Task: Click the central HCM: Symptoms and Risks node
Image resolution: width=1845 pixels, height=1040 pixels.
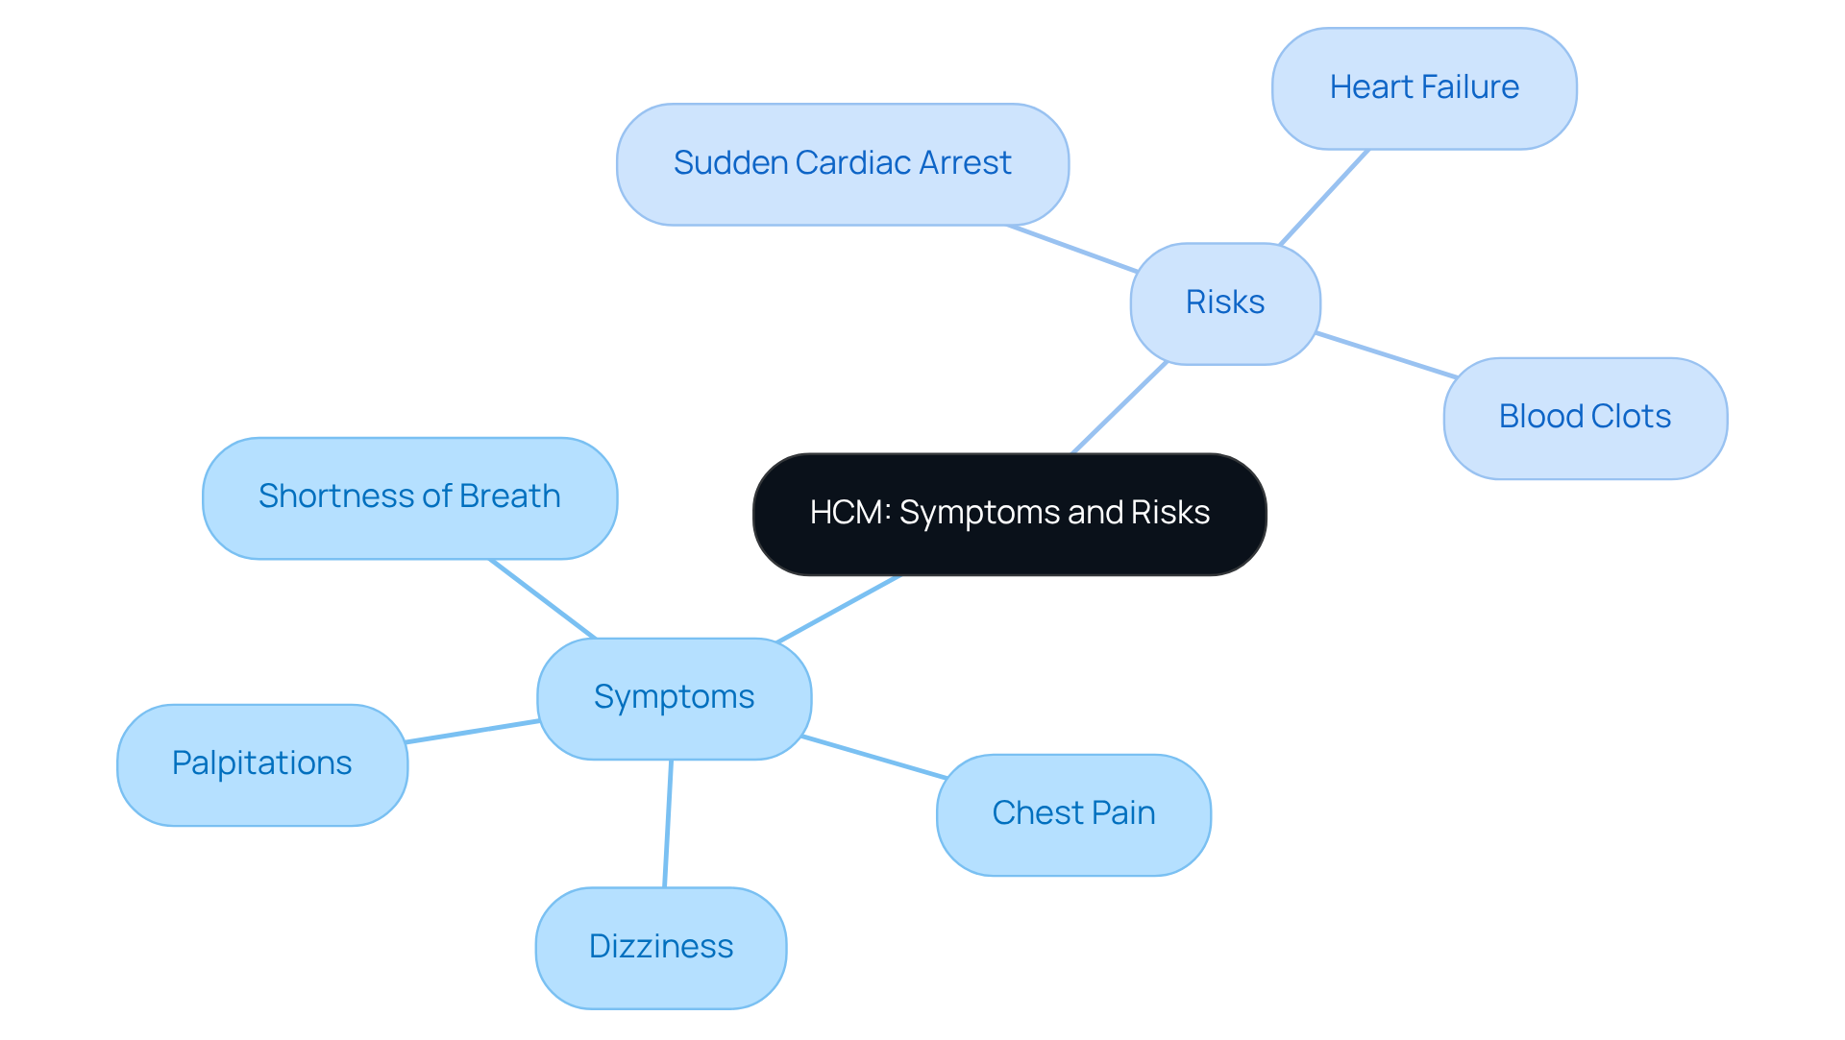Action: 1009,514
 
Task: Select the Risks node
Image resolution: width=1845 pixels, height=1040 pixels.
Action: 1225,303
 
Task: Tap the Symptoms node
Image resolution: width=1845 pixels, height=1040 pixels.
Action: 674,698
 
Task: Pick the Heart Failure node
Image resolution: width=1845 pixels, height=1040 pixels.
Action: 1423,88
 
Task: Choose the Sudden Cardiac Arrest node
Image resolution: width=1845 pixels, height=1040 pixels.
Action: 842,164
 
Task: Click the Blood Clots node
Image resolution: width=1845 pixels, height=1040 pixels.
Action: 1585,418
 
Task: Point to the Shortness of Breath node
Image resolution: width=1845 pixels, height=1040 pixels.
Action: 409,497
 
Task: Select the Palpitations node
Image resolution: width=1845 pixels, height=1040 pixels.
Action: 261,764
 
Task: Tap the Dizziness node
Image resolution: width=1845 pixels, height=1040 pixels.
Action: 661,947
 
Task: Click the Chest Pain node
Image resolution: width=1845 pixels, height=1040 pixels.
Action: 1073,814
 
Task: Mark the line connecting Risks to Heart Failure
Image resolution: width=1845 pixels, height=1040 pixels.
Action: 1324,197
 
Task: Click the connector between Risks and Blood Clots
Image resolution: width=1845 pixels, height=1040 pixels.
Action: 1386,355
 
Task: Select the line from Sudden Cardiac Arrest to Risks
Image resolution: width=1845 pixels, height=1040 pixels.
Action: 1071,250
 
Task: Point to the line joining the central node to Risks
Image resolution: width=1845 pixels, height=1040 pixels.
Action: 1119,407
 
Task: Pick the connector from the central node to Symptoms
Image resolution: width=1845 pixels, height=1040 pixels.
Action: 838,609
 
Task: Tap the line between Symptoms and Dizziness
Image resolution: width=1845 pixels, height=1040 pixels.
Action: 668,823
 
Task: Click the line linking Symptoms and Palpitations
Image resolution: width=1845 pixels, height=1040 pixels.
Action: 472,732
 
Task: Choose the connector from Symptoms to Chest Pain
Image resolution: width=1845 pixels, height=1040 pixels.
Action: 874,757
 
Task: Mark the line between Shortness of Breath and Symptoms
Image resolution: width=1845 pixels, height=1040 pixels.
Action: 543,599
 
